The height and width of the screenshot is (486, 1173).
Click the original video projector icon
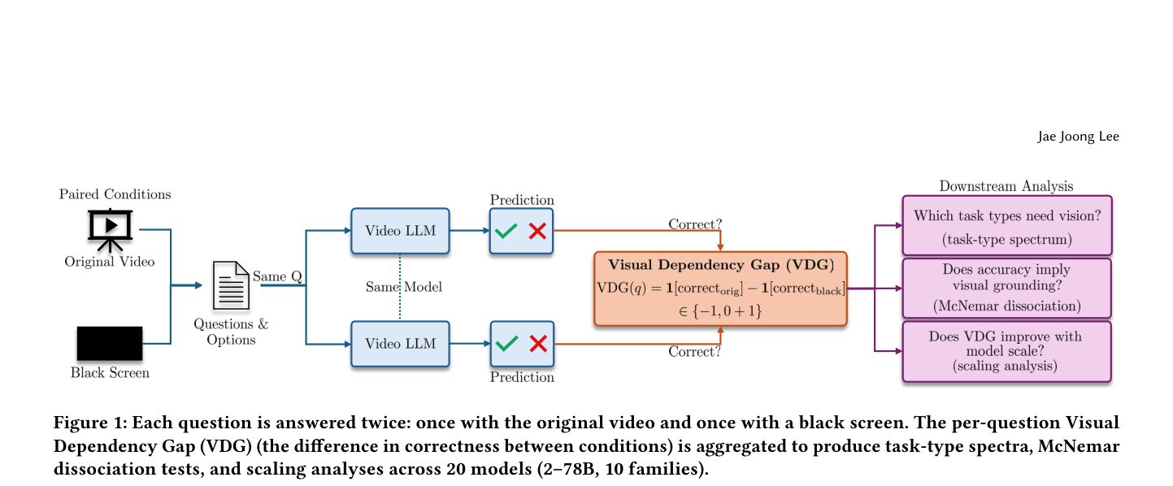click(x=110, y=230)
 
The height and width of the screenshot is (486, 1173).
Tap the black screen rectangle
click(x=110, y=344)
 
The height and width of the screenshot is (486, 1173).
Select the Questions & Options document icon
click(x=231, y=286)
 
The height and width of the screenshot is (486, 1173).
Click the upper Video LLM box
click(x=400, y=231)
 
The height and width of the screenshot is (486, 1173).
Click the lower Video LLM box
click(x=400, y=344)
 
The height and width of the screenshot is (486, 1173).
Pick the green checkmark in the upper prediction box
click(x=506, y=231)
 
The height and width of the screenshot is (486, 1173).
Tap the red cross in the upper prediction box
click(x=537, y=231)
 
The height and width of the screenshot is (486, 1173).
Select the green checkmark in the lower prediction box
click(x=506, y=344)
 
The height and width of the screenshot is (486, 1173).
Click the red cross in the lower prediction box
click(x=538, y=344)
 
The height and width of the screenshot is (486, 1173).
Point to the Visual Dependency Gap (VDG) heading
click(x=720, y=265)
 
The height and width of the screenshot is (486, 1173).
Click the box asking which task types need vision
click(x=1007, y=226)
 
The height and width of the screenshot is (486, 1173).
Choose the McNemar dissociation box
click(x=1007, y=288)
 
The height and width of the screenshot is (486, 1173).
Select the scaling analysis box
click(x=1007, y=351)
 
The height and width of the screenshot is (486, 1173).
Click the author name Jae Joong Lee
click(x=1078, y=137)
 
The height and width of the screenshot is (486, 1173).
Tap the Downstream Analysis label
click(x=1006, y=186)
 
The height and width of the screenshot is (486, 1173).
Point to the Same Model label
click(x=404, y=287)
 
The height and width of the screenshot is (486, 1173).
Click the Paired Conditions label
click(x=115, y=194)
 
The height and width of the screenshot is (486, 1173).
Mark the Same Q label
click(x=277, y=276)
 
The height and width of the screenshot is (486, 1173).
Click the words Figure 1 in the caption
click(x=90, y=423)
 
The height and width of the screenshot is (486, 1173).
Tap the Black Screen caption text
click(x=110, y=373)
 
